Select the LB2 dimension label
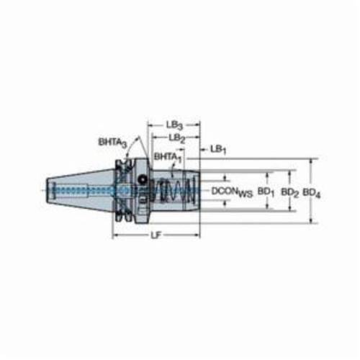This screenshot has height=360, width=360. pos(177,138)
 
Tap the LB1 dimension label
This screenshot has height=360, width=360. pos(218,150)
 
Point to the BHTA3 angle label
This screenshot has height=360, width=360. pos(112,143)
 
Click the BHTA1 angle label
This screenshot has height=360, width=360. pos(168,158)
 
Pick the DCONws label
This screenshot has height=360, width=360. pos(232,192)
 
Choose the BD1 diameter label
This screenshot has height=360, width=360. pos(266,192)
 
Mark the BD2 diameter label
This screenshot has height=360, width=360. pos(289,192)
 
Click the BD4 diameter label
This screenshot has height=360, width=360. pos(312,193)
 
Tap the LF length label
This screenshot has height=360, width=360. pos(156,235)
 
